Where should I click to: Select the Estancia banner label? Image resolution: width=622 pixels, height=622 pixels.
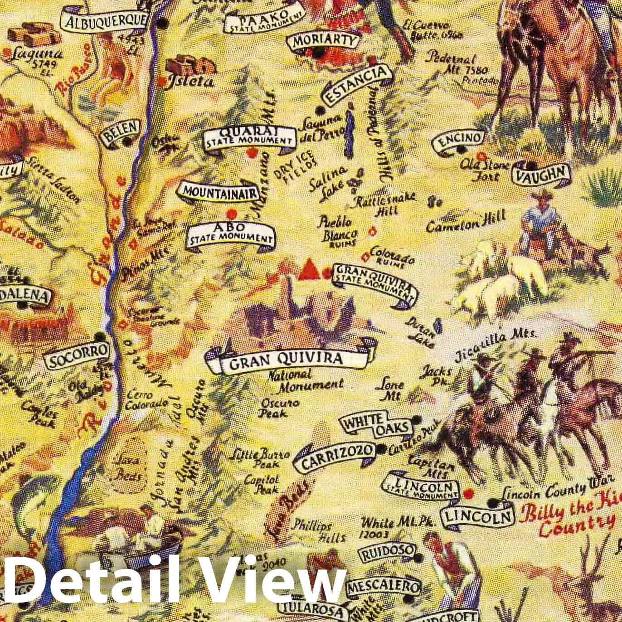tap(356, 84)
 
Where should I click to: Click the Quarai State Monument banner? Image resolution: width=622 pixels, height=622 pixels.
tap(249, 136)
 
